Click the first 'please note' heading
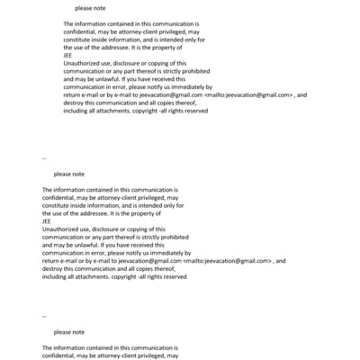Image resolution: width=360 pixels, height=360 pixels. coord(90,8)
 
